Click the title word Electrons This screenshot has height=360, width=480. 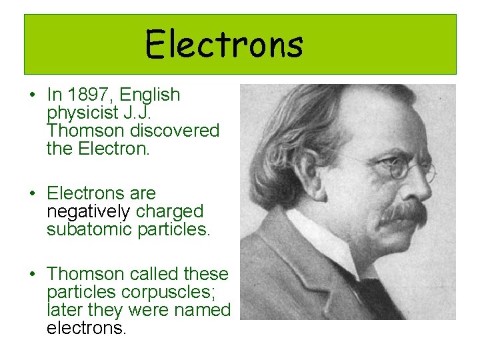pos(224,45)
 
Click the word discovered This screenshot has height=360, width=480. pos(177,131)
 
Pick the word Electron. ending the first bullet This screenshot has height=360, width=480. pos(114,149)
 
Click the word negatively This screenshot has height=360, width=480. pos(89,211)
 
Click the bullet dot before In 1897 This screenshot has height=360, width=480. pos(32,96)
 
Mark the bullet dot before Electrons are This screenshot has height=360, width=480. pos(32,194)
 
